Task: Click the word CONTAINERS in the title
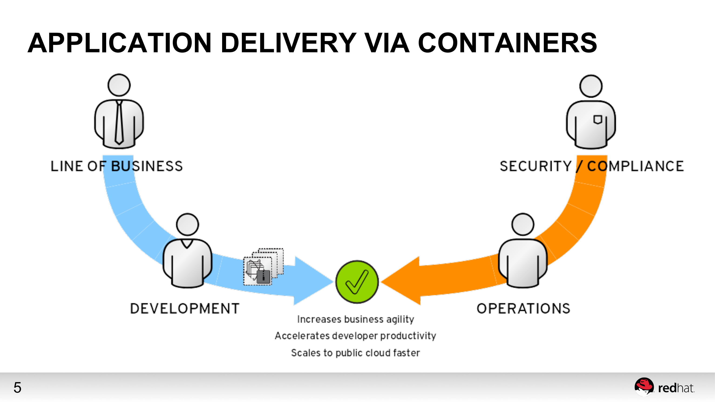507,43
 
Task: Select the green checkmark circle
357,282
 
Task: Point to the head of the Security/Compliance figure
591,86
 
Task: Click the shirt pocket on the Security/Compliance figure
597,120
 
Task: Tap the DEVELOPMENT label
185,308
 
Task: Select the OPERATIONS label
523,308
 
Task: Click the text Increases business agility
356,319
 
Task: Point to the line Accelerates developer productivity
356,336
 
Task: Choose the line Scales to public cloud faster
356,353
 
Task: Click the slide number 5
17,388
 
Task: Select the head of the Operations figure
523,224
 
